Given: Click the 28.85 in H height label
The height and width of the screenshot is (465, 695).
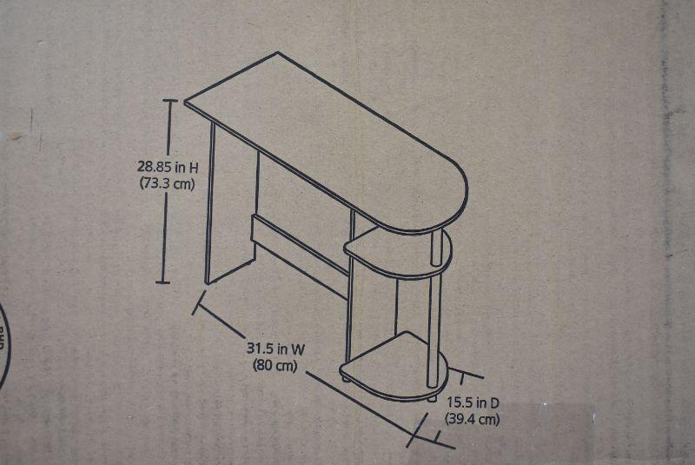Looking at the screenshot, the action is click(x=168, y=167).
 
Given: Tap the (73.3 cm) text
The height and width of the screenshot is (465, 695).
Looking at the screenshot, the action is click(x=167, y=183).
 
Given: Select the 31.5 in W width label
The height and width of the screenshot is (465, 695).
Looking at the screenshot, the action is click(x=275, y=349).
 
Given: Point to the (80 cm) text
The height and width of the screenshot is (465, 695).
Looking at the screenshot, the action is click(x=275, y=366).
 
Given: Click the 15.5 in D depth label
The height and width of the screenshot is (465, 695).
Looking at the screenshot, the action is click(x=473, y=402).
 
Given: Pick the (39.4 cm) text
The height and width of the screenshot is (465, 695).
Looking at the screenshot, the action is click(x=472, y=419).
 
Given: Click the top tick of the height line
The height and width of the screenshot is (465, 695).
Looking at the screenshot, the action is click(x=170, y=101).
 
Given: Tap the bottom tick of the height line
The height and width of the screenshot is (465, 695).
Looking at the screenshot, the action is click(x=163, y=282).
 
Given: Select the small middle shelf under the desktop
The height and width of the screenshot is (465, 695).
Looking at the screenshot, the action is click(x=398, y=253).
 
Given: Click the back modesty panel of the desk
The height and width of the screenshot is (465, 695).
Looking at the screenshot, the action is click(x=301, y=256).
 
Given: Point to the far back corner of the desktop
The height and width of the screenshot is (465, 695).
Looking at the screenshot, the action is click(x=278, y=52).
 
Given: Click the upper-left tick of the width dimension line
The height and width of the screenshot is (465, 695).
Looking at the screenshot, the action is click(x=199, y=302).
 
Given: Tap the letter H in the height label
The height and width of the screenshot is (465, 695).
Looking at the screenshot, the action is click(x=194, y=168).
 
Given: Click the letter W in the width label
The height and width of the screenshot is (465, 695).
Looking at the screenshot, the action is click(x=298, y=349).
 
